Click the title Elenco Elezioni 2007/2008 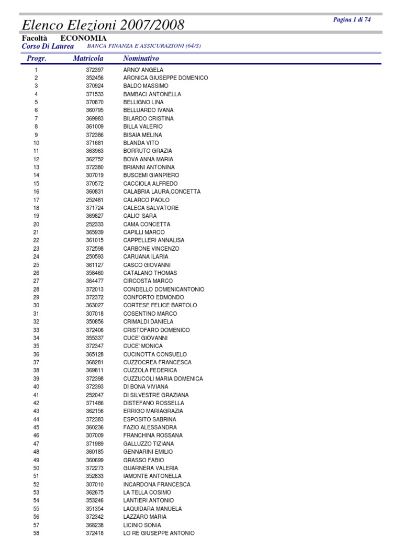103,25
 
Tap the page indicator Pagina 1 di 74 352,20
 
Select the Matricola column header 88,59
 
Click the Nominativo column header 141,59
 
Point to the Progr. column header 36,59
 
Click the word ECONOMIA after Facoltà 83,38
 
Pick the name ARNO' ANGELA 143,70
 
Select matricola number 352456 95,78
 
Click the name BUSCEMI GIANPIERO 151,175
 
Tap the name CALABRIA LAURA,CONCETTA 162,192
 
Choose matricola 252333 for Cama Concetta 95,224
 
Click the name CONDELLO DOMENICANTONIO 164,289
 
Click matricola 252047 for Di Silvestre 95,395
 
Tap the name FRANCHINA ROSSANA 153,435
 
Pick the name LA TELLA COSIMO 147,493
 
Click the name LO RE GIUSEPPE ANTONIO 159,533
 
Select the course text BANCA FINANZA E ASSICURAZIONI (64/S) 144,46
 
